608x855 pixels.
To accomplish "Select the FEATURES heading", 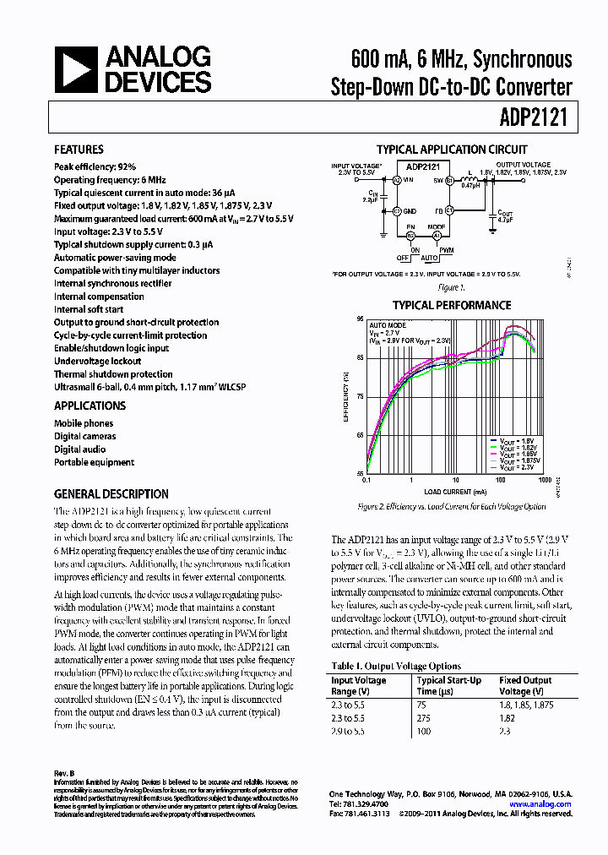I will point(79,150).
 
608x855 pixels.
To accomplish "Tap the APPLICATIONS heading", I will point(90,406).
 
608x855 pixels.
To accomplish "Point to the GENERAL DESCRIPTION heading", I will point(111,494).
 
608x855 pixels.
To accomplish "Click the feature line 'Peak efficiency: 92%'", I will point(95,167).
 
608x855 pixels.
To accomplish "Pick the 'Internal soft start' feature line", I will point(89,309).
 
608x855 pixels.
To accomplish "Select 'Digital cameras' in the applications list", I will point(85,437).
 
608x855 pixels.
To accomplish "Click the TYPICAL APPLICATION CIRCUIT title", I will point(452,150).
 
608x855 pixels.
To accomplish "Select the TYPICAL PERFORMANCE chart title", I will point(452,305).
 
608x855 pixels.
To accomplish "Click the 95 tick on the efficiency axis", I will point(360,319).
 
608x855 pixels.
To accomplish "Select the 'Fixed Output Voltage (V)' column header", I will point(525,686).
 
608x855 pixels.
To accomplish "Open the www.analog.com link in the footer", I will point(540,804).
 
